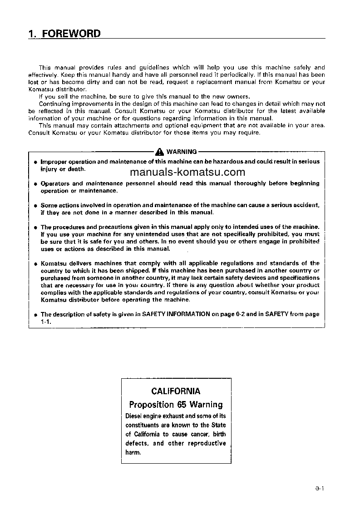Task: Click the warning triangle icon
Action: tap(159, 152)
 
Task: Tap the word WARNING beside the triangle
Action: tap(182, 152)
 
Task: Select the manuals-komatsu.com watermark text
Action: tap(187, 172)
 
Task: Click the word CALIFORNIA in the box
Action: tap(176, 391)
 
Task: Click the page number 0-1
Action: tap(320, 489)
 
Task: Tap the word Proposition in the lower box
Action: tap(152, 405)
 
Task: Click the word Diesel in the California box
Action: tap(134, 416)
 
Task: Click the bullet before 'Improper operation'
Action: tap(35, 162)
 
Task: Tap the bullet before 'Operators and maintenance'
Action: tap(35, 184)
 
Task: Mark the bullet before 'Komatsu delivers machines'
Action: tap(35, 264)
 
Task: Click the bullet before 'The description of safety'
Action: tap(35, 315)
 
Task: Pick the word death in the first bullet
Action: tap(77, 169)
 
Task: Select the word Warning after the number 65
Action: tap(207, 405)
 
